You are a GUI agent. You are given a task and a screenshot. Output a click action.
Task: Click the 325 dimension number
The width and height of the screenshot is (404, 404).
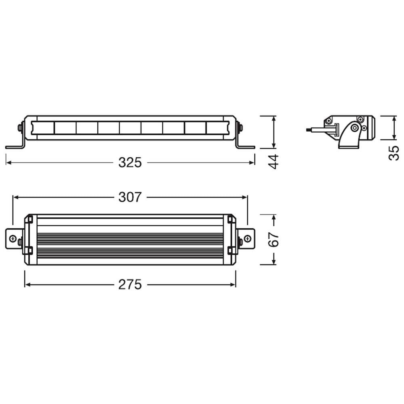(130, 162)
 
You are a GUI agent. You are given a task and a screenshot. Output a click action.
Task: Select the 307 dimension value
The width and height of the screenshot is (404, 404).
(130, 197)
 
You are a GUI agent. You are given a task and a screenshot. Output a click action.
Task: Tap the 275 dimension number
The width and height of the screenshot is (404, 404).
(130, 285)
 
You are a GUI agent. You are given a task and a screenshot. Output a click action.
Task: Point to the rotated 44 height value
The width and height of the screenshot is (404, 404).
(274, 161)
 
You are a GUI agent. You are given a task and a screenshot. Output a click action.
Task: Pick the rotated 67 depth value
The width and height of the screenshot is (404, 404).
(274, 240)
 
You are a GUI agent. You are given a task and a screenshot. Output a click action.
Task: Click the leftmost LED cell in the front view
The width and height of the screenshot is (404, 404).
(43, 128)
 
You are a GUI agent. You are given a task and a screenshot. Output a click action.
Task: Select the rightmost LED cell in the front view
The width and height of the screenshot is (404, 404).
(217, 128)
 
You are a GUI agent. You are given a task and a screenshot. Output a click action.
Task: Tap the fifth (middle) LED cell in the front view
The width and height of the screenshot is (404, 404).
(130, 128)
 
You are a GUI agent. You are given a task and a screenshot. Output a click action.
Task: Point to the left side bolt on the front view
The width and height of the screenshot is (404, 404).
(20, 128)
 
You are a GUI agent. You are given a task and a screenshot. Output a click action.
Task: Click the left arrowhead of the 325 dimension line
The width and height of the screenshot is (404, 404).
(8, 162)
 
